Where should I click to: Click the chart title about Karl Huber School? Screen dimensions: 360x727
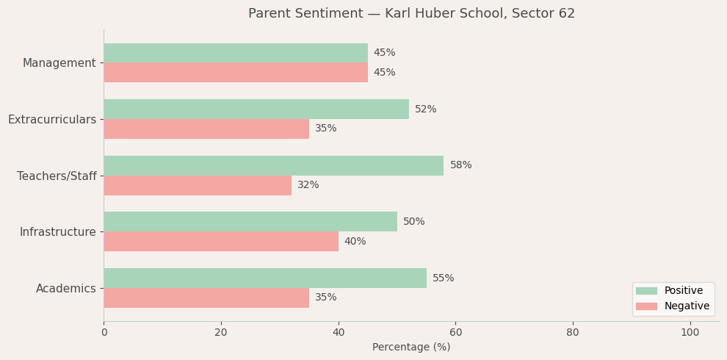[411, 14]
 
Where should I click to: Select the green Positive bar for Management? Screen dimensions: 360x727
[235, 53]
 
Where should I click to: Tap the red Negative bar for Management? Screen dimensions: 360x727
[235, 73]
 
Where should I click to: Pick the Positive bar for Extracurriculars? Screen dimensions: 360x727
[256, 109]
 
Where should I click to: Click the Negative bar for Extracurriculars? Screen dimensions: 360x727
[206, 129]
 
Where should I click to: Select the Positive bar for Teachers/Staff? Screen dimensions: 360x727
[273, 165]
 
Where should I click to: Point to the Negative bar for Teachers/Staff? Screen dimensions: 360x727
[197, 185]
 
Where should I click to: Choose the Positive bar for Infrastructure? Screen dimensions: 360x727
[250, 222]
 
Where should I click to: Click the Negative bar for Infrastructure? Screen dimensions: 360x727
[220, 242]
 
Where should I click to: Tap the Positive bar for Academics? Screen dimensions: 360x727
[264, 278]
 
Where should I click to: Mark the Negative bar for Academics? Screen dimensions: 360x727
[206, 298]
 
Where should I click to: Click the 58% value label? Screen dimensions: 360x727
[460, 165]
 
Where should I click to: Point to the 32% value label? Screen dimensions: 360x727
[308, 185]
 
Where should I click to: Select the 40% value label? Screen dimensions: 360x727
[355, 242]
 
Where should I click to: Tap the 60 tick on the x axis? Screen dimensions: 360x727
[455, 333]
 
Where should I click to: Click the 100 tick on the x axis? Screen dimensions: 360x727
[690, 333]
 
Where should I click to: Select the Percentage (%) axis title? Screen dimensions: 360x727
[411, 348]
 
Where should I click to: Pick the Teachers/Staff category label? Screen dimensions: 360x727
[57, 176]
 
